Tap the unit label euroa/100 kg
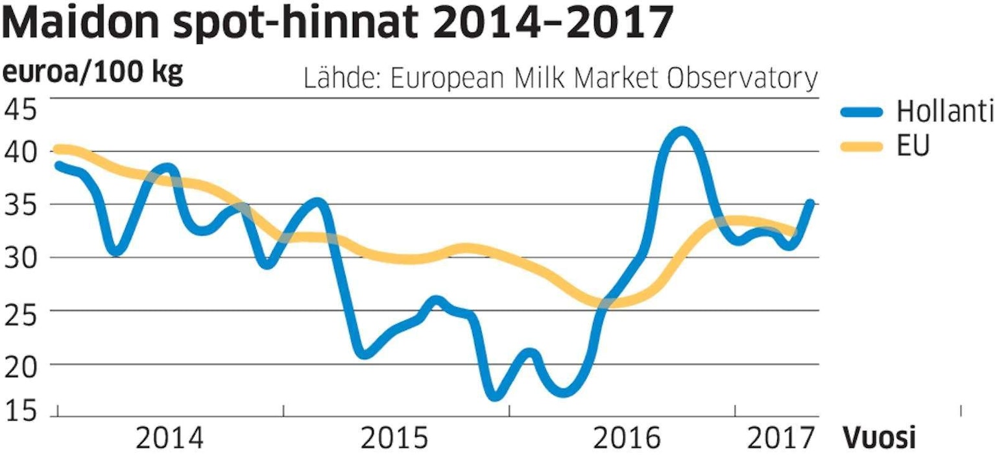[94, 73]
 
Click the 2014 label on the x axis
[171, 439]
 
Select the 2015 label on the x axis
[395, 439]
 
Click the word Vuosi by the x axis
[880, 439]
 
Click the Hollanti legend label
[944, 112]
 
